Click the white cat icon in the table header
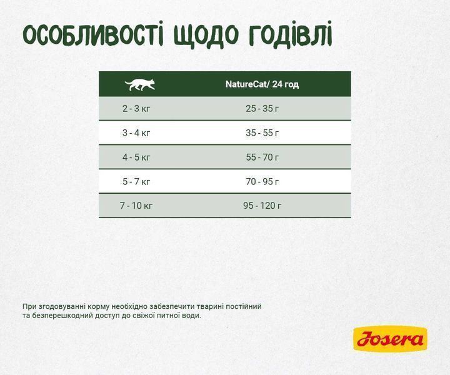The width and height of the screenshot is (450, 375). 139,84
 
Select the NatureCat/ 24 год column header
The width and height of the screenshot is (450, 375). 262,84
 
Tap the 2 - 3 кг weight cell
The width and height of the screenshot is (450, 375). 136,108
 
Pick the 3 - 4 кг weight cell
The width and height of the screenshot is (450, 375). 136,132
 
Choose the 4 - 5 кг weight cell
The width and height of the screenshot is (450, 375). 136,157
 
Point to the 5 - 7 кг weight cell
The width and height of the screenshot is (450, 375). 136,181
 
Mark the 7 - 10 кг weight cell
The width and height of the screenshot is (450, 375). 136,206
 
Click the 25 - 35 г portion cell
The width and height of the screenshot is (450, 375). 262,108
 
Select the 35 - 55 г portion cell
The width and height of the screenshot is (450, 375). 262,132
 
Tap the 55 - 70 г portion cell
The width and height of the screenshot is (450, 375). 262,157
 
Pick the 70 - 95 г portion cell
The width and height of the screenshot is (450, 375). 262,181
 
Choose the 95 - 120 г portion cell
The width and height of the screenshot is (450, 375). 262,206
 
